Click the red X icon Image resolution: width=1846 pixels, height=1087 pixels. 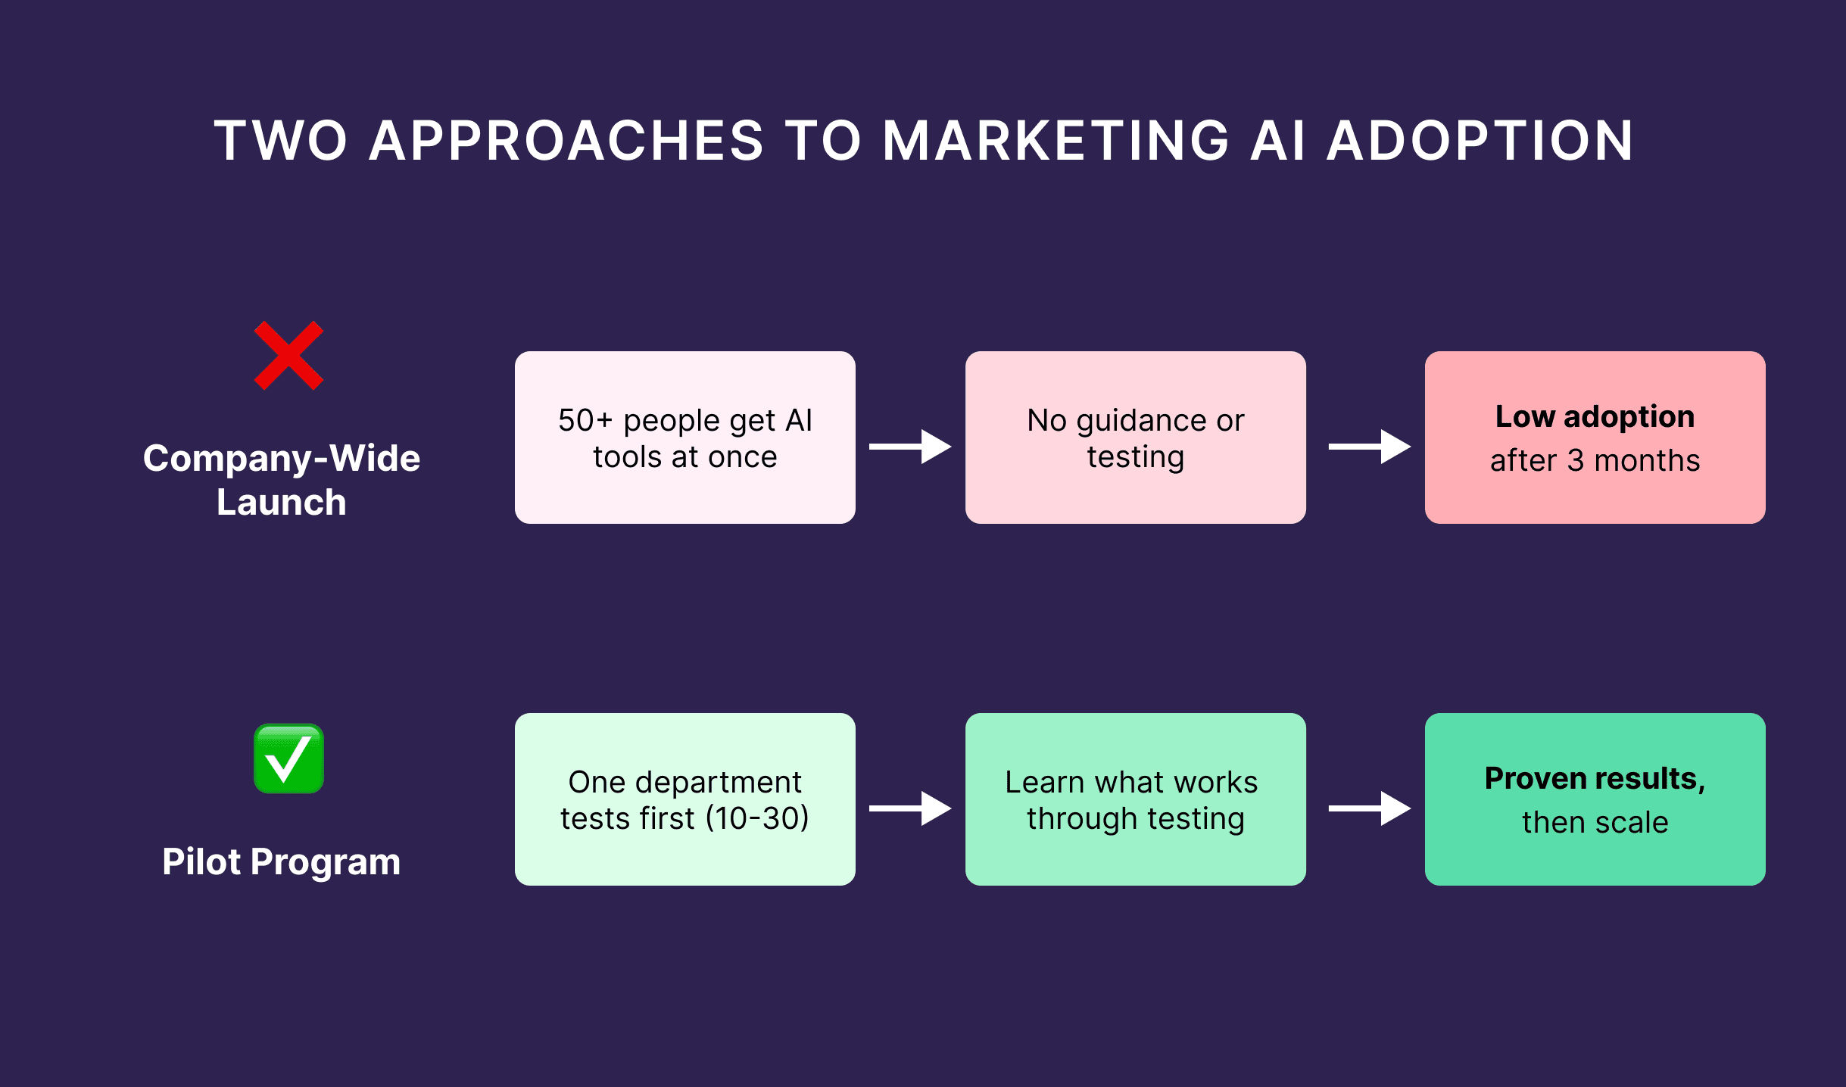[288, 355]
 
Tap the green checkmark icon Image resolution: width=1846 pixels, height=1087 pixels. [288, 758]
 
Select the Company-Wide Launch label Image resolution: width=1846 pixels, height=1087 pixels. [282, 480]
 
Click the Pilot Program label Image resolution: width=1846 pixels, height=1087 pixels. [282, 861]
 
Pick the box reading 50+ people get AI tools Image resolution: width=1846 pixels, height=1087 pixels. [684, 438]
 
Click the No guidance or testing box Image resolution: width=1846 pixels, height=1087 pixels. [1135, 438]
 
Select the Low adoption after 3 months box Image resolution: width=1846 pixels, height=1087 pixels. [1595, 438]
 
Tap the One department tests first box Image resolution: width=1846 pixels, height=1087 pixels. [684, 799]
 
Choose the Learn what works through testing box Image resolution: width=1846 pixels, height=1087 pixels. [1135, 799]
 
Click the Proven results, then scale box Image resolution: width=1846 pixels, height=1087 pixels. [1595, 799]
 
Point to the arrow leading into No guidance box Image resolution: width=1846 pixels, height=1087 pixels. [910, 447]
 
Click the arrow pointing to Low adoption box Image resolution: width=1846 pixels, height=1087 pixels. [1369, 447]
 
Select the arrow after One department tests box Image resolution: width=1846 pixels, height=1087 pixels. [910, 808]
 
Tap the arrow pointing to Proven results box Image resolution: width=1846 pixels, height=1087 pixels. [1369, 808]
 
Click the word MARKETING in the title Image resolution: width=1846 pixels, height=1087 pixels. [1056, 141]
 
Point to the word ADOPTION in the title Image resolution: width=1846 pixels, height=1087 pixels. [1480, 141]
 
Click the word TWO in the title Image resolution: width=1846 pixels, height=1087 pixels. [281, 141]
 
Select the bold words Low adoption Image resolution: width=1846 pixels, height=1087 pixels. [1595, 416]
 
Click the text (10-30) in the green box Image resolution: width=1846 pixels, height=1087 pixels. [757, 818]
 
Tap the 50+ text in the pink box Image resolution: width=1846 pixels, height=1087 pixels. [585, 420]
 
